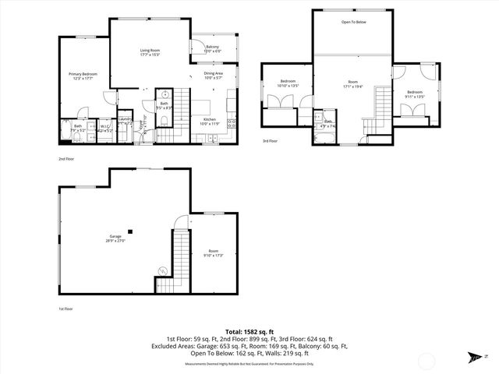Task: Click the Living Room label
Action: [x=150, y=53]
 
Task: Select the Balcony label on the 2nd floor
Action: [x=212, y=48]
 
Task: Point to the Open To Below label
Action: [x=353, y=22]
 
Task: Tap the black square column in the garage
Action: [x=132, y=231]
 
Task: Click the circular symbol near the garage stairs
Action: [x=162, y=270]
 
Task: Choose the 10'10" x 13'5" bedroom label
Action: [x=288, y=83]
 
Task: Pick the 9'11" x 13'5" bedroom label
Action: [x=413, y=95]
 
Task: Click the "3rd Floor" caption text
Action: [x=270, y=142]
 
